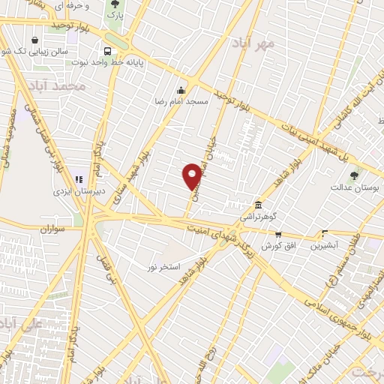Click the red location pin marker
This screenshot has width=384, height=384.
click(193, 176)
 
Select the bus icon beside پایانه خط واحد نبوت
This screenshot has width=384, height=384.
click(109, 50)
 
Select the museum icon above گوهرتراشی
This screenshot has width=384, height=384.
click(258, 205)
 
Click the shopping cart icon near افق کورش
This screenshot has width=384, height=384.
click(278, 234)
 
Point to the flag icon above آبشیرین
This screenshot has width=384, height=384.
click(324, 232)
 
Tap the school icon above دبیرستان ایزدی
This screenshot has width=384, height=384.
click(79, 180)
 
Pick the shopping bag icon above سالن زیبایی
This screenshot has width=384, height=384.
click(34, 40)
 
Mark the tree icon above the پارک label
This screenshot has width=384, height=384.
click(114, 4)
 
